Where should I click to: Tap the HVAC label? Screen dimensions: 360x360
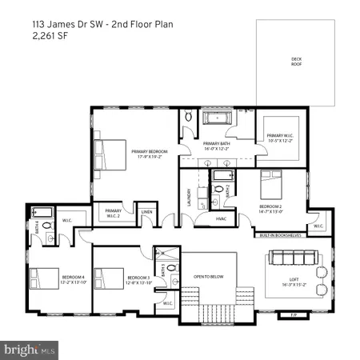(x=222, y=218)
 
